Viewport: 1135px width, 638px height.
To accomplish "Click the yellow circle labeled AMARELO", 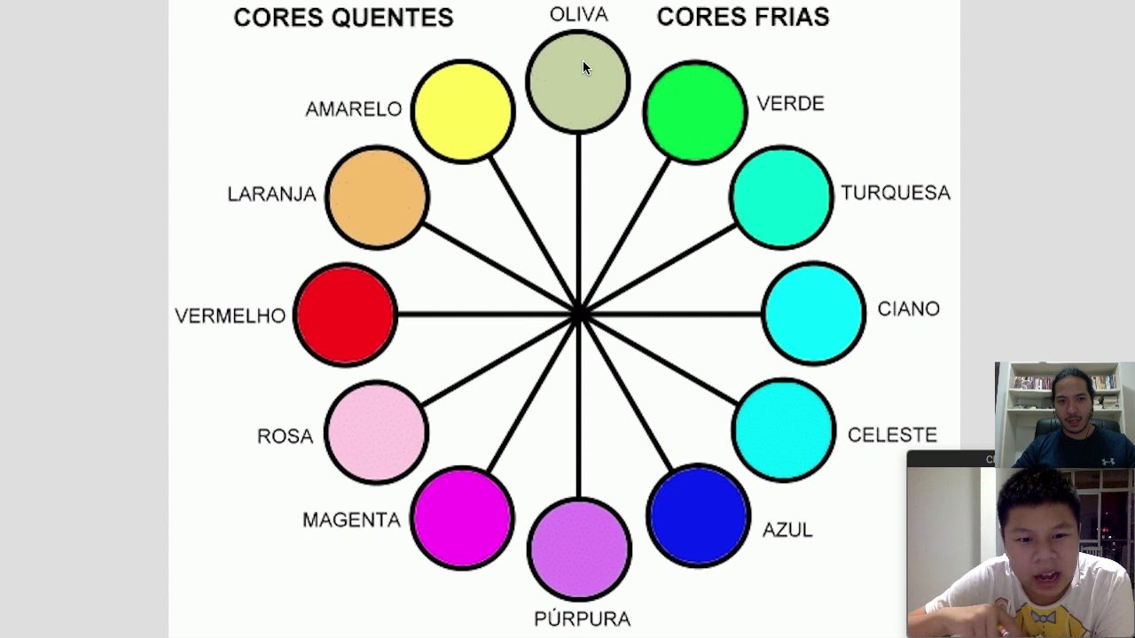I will point(463,112).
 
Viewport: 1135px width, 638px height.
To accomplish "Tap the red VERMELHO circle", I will point(345,315).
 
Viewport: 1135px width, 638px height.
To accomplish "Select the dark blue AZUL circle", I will point(698,515).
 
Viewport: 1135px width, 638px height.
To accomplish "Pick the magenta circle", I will point(462,517).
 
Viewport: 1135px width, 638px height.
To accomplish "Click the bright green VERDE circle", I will point(695,112).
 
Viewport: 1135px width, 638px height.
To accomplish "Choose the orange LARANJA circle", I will point(377,197).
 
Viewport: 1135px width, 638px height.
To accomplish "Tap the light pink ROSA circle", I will point(376,432).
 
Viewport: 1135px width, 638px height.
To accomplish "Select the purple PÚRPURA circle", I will point(579,549).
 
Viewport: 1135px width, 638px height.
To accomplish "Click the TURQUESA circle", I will point(781,198).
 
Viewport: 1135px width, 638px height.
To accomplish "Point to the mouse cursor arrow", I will point(586,68).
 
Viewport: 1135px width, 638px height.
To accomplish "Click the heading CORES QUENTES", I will point(343,18).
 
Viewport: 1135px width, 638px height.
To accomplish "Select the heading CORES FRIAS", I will point(743,17).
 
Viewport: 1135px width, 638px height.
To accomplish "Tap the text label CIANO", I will point(908,309).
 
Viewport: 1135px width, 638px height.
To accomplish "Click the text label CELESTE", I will point(892,435).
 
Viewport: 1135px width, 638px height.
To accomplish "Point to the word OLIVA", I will point(578,15).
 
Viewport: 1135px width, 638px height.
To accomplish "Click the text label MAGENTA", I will point(351,520).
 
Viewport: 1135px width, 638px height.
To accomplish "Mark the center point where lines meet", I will point(578,314).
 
